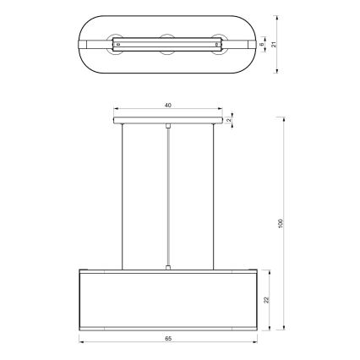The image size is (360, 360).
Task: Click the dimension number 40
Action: coord(168,105)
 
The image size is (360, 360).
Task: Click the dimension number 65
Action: coord(168,338)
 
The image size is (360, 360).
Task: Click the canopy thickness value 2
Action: coord(230,121)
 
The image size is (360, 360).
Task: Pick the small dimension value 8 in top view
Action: coord(262,43)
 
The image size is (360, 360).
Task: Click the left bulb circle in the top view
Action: coord(117,42)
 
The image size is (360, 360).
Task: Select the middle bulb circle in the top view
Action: coord(168,42)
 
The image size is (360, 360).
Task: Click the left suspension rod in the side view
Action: coord(123,194)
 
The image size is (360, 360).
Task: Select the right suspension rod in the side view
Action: coord(214,194)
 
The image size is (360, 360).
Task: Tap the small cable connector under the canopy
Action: coord(169,127)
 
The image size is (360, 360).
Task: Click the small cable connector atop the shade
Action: coord(169,268)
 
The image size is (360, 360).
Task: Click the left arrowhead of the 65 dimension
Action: coord(83,343)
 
